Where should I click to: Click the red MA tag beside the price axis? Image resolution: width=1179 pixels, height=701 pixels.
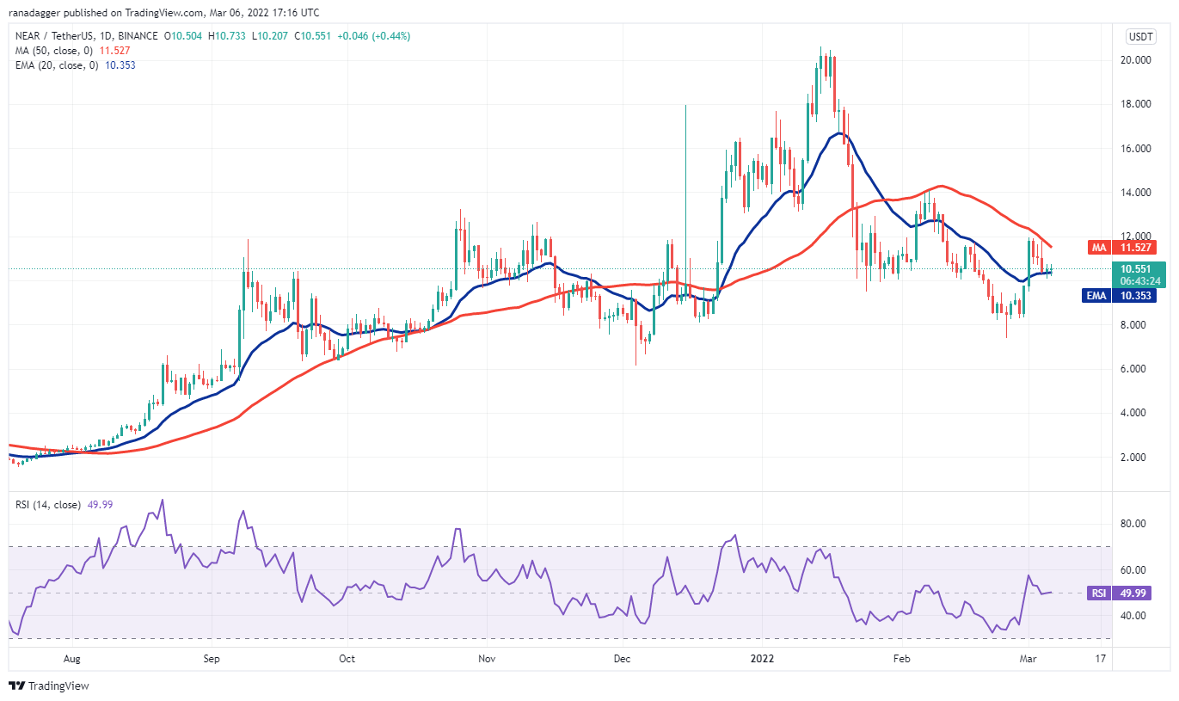[1098, 248]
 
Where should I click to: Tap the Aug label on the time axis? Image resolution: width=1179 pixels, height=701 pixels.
[71, 659]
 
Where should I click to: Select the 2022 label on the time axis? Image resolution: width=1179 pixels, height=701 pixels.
[763, 659]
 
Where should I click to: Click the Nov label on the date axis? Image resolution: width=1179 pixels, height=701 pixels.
[487, 659]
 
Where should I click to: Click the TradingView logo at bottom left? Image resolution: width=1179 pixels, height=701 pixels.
[49, 686]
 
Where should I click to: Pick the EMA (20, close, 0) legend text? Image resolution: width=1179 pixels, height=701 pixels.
[60, 65]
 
